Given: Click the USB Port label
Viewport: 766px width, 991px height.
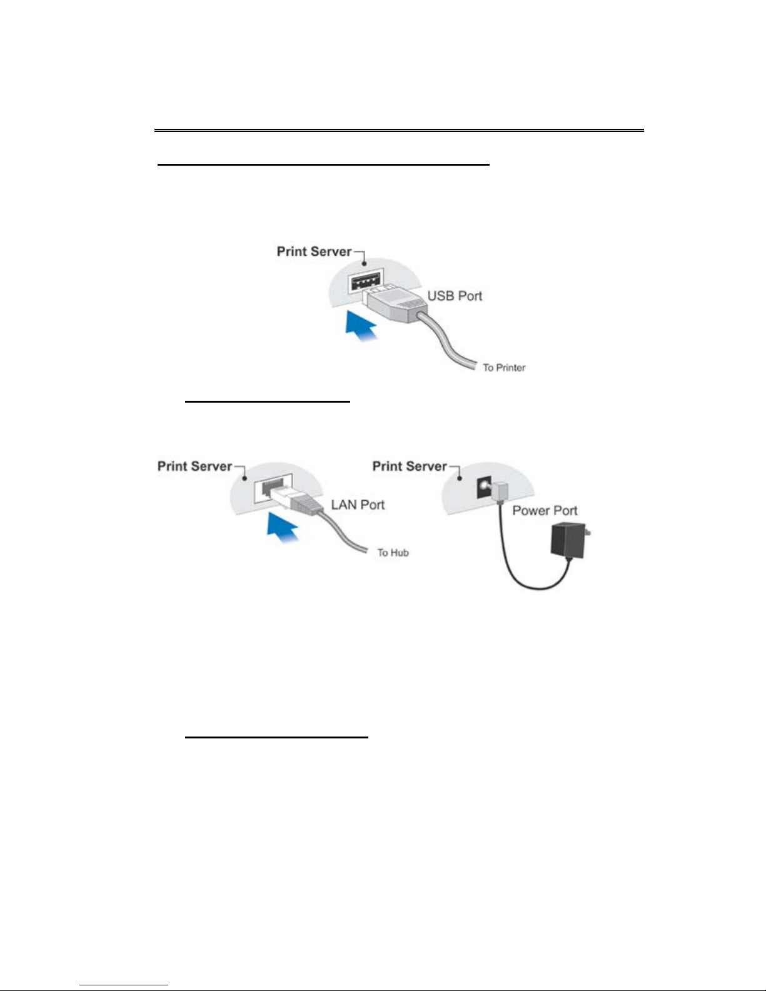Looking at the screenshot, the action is [455, 296].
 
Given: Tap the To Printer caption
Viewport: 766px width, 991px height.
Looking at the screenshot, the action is [504, 368].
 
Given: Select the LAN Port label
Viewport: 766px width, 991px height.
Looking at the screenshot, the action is [358, 505].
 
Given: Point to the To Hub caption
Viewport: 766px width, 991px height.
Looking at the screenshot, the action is [393, 553].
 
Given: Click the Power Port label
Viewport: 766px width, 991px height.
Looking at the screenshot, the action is [545, 510].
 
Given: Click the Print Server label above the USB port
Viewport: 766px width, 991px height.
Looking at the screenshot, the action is [314, 251].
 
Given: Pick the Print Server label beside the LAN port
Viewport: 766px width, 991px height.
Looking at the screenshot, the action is [194, 466].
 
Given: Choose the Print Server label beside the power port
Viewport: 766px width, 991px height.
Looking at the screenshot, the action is [410, 466].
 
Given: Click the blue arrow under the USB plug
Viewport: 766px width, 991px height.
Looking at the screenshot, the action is [361, 324].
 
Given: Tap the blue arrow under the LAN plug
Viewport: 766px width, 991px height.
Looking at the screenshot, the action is [283, 526].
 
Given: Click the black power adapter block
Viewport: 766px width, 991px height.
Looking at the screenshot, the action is [568, 541].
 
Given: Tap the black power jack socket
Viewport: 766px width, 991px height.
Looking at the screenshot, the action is [484, 488].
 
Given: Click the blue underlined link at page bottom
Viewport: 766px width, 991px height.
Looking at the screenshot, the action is [124, 985].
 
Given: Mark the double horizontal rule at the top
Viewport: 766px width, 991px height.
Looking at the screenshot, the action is [399, 131].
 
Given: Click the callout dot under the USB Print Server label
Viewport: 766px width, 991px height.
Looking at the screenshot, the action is [365, 264].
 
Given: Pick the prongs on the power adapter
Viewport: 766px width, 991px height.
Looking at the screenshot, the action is [588, 532].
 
